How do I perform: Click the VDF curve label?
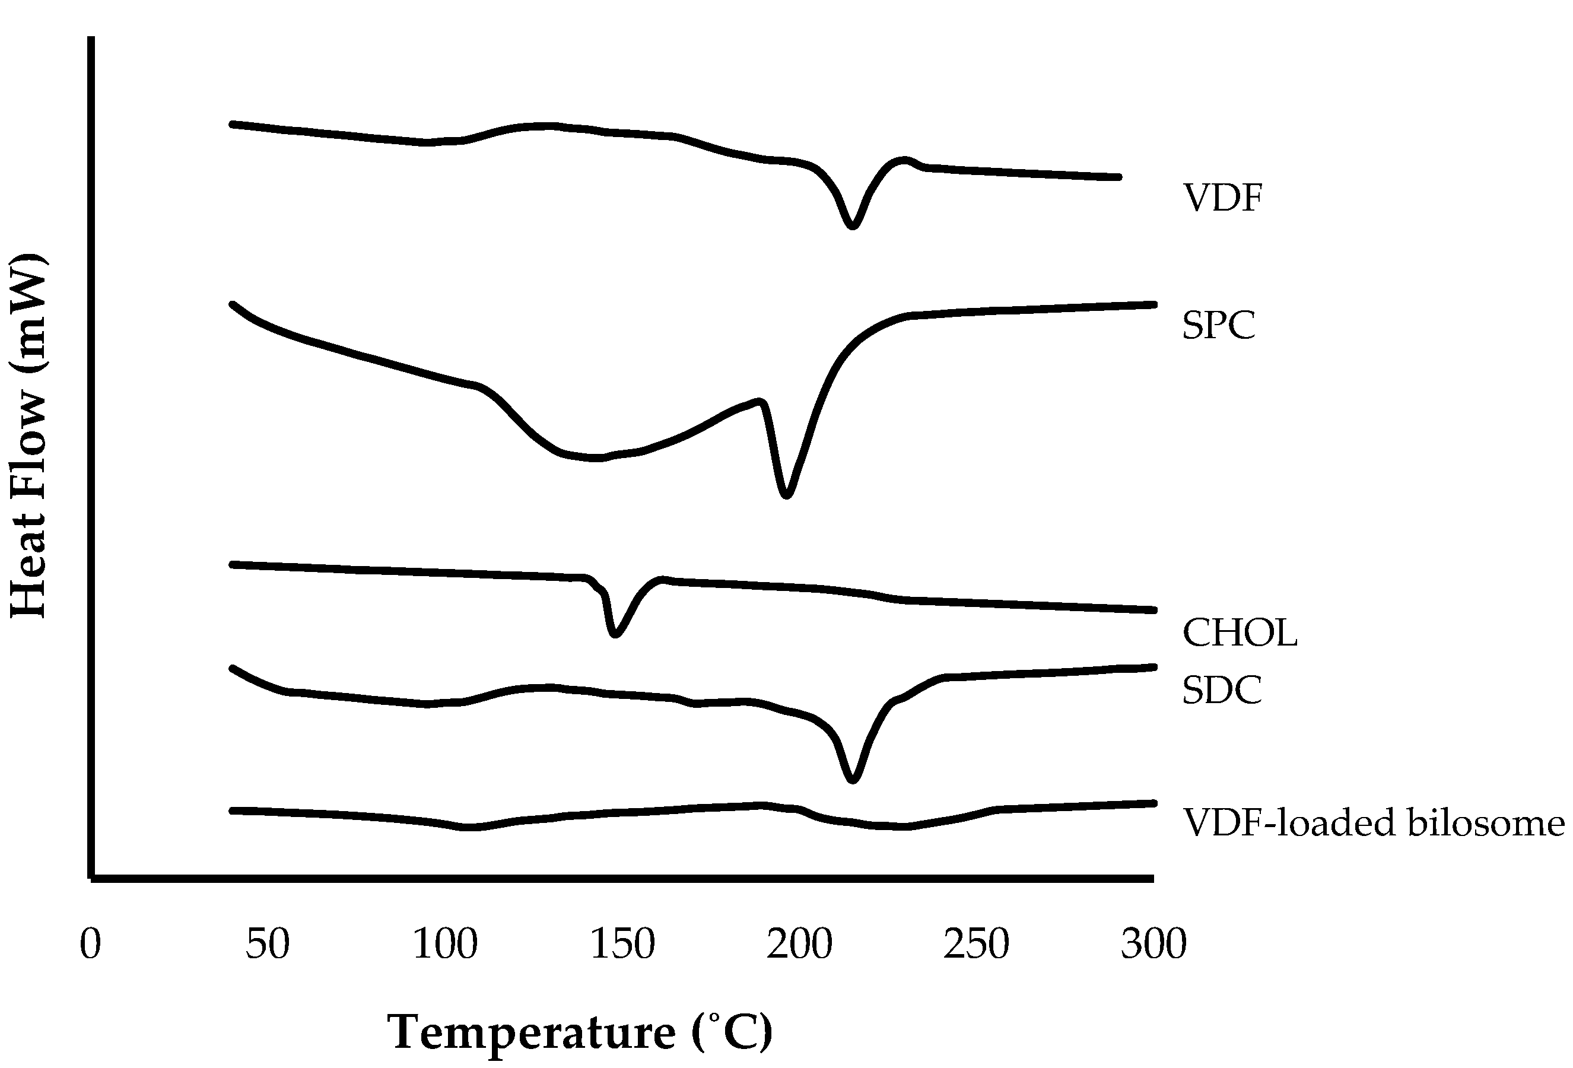[x=1222, y=198]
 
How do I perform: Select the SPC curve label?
[x=1218, y=326]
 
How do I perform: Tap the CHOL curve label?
[x=1240, y=634]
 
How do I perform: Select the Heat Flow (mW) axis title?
[x=28, y=436]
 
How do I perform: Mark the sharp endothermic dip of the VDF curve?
[x=852, y=225]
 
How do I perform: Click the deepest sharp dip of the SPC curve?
[x=786, y=495]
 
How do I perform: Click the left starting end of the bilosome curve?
[x=233, y=810]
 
